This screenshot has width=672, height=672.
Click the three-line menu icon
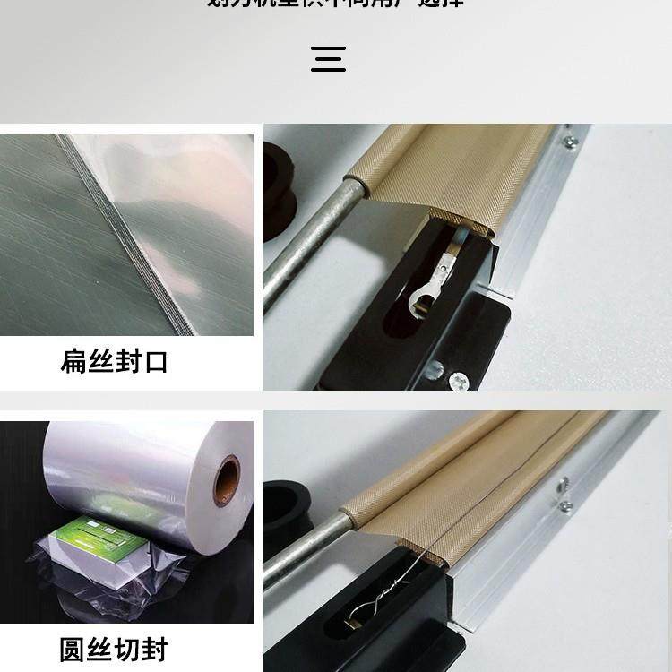tap(329, 59)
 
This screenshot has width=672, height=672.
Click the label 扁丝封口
tap(114, 363)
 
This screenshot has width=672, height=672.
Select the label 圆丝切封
tap(114, 649)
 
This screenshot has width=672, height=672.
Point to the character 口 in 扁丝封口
tap(155, 363)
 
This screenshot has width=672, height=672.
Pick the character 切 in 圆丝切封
tap(127, 649)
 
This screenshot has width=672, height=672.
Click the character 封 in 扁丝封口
tap(127, 363)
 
